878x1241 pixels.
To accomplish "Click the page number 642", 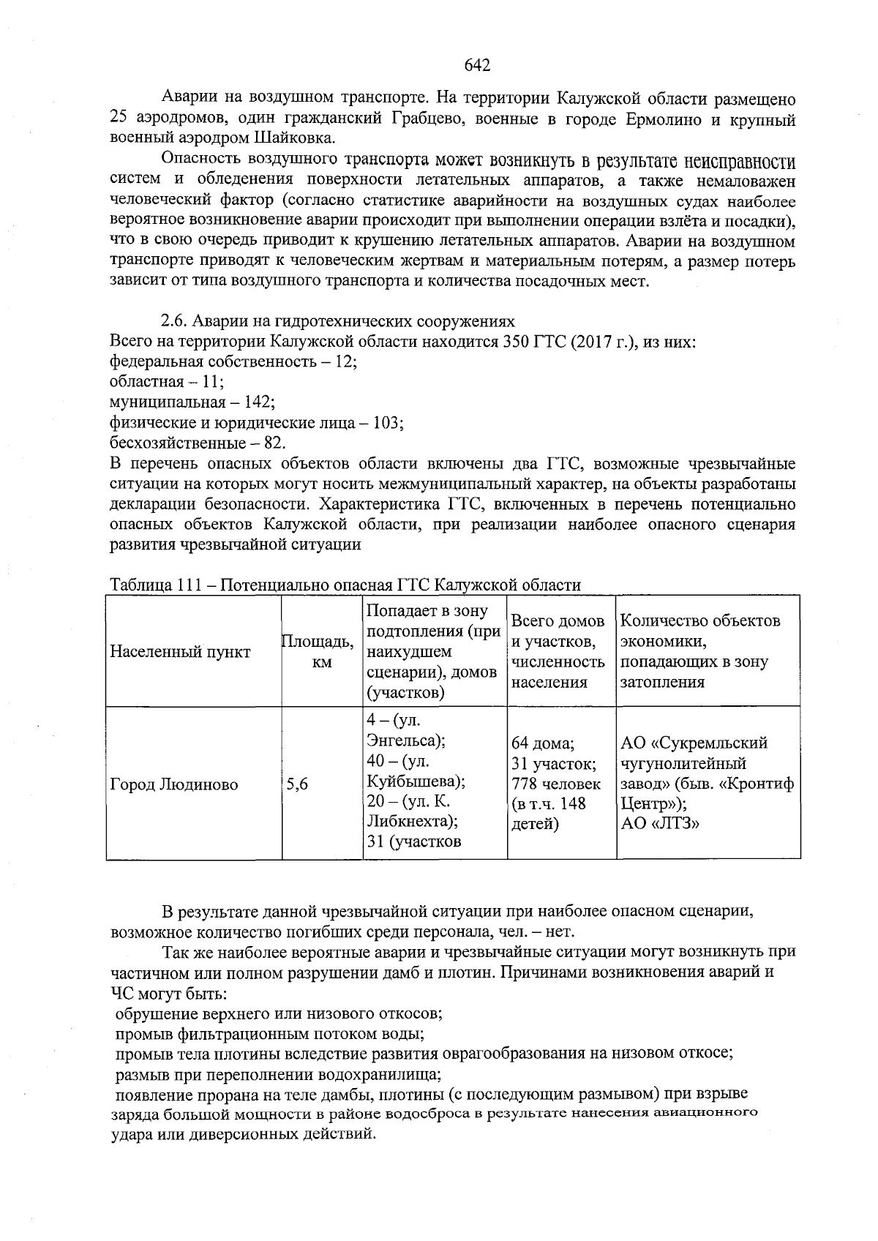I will tap(477, 66).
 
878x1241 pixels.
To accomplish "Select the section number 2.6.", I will tap(174, 321).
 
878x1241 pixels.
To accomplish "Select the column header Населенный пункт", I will tap(180, 652).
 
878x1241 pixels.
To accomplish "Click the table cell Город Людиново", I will tap(174, 785).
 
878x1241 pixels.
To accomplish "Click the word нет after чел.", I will tap(562, 932).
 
